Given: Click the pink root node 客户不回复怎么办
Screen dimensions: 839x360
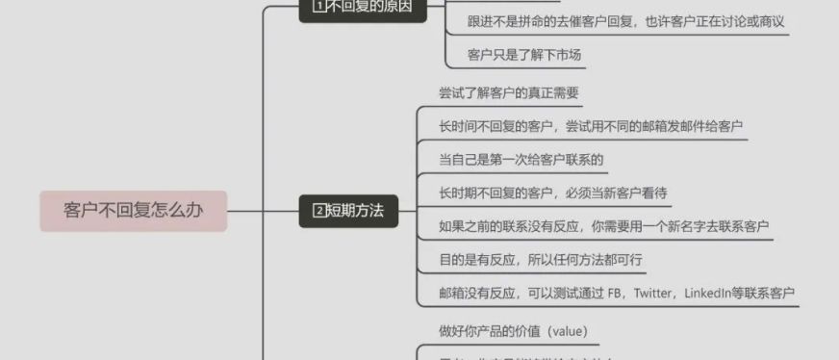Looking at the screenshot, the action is tap(133, 211).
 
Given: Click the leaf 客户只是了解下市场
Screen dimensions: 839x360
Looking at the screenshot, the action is tap(523, 55).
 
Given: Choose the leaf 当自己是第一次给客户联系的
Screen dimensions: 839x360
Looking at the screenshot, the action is tap(521, 160).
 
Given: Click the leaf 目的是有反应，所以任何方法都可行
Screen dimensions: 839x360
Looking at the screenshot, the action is tap(541, 260).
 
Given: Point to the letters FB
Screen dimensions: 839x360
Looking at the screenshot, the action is tap(614, 294).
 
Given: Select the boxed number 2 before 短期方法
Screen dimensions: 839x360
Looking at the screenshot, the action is tap(320, 211).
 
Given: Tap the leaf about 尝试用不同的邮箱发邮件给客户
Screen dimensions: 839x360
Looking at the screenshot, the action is tap(591, 126).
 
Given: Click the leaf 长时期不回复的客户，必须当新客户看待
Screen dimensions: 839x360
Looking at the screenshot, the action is tap(553, 193).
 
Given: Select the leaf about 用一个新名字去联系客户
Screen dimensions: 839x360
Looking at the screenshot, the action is tap(603, 226).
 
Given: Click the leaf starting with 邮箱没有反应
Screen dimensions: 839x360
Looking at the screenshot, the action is tap(617, 294).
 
